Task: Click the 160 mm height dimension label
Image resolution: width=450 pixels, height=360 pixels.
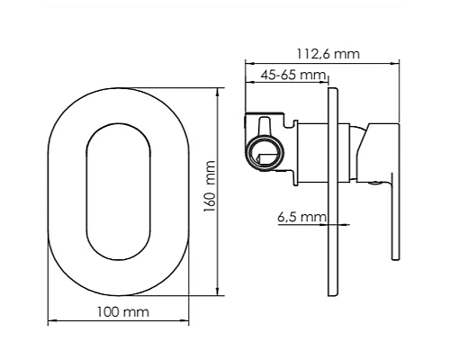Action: [x=210, y=186]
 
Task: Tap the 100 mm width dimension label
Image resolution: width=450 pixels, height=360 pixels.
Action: [x=123, y=312]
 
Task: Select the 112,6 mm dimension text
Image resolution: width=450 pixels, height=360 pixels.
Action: [x=328, y=54]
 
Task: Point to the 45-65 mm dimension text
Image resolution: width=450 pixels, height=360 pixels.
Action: [x=292, y=75]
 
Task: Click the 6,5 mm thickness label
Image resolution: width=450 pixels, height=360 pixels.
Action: [x=301, y=217]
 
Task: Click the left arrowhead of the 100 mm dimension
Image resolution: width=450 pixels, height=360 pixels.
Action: [x=52, y=321]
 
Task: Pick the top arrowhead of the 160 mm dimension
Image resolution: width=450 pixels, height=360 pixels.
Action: [x=218, y=93]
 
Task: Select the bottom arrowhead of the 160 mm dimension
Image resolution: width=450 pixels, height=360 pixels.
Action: [x=218, y=291]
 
